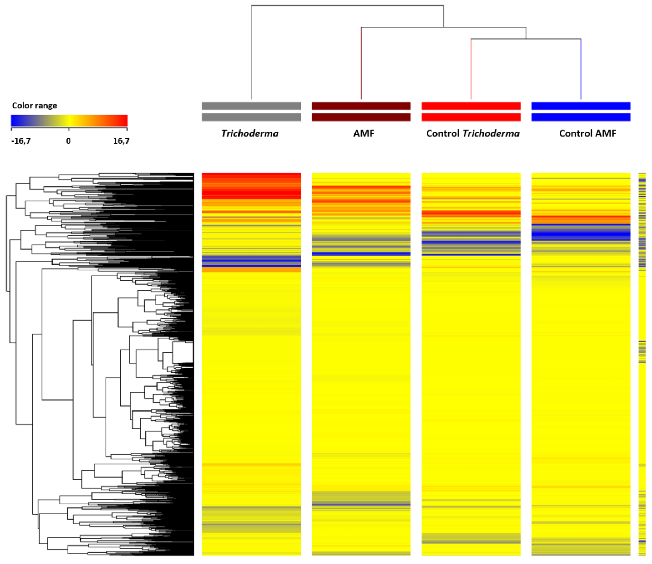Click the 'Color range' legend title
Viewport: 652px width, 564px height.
pos(34,106)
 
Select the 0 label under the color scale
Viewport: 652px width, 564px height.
pos(68,141)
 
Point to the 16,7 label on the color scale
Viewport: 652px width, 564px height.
pos(121,141)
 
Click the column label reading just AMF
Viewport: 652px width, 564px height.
pos(364,133)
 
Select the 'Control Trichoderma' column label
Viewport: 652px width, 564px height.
pos(473,133)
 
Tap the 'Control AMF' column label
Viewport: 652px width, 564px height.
pos(587,133)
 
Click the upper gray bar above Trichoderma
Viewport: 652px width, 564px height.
pos(251,106)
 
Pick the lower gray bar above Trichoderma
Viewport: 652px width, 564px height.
pos(251,117)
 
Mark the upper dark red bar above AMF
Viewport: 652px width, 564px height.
pos(361,106)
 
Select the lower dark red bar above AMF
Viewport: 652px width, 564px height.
pos(361,117)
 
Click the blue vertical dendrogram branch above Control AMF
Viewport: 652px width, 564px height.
pos(581,69)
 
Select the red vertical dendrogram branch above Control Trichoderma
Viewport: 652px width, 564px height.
pos(471,69)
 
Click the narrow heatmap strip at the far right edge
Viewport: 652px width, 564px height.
pos(642,362)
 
